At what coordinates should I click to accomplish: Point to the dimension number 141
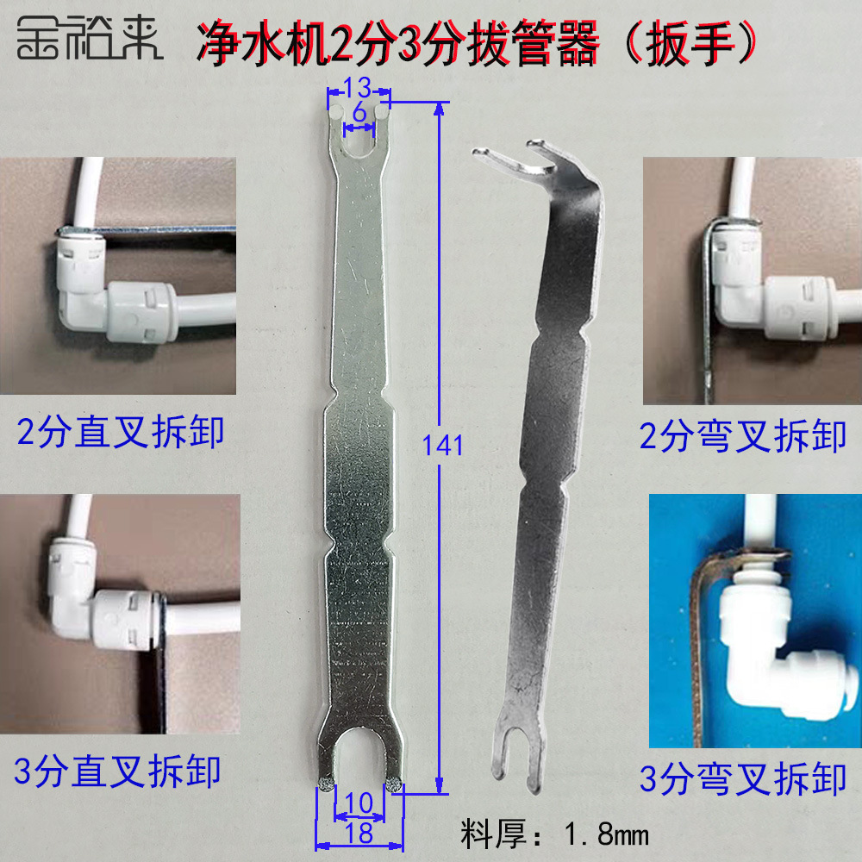click(444, 446)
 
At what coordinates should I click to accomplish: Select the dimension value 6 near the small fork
click(359, 113)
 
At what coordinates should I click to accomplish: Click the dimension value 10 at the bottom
click(359, 803)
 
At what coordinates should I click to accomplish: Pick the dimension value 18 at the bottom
click(359, 833)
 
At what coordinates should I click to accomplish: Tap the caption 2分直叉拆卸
click(121, 431)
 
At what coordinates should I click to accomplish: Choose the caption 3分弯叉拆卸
click(743, 779)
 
